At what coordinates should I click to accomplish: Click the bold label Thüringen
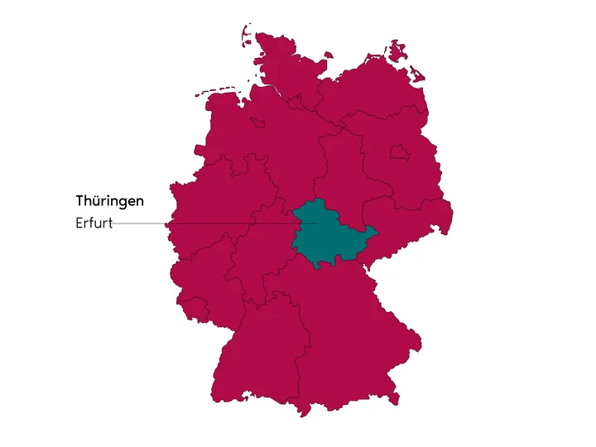pyautogui.click(x=109, y=201)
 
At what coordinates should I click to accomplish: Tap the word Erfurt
pyautogui.click(x=93, y=223)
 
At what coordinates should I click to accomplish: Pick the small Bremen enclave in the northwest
pyautogui.click(x=257, y=122)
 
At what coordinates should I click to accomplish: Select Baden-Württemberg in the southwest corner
pyautogui.click(x=257, y=348)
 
